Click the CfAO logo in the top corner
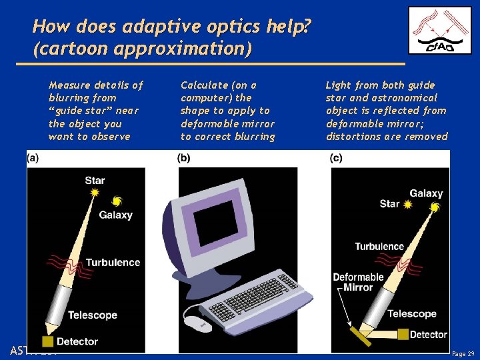click(x=439, y=30)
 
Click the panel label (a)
click(x=33, y=158)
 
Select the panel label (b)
click(x=183, y=158)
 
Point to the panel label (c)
click(x=336, y=158)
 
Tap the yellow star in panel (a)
click(x=95, y=192)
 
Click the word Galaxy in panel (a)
click(x=115, y=215)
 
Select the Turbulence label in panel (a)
click(x=113, y=262)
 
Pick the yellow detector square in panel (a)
click(x=48, y=341)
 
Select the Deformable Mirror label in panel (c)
click(x=358, y=282)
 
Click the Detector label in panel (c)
click(x=428, y=334)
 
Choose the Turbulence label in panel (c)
click(x=379, y=247)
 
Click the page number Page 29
click(x=463, y=353)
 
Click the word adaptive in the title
click(x=139, y=27)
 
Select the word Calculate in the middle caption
click(x=204, y=85)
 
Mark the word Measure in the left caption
click(x=70, y=85)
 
